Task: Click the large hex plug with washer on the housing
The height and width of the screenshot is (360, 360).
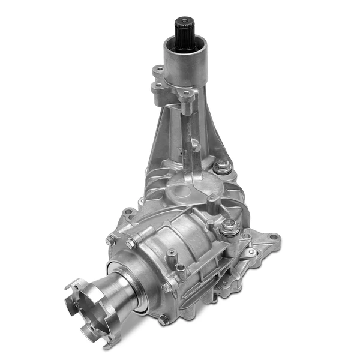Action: (x=229, y=227)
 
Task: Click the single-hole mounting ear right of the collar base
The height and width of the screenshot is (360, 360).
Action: (x=188, y=94)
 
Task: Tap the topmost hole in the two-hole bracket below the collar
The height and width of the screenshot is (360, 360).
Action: (x=158, y=70)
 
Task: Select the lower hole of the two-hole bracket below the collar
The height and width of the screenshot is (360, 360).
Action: (x=158, y=86)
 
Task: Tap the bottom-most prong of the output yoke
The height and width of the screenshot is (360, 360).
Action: (x=108, y=343)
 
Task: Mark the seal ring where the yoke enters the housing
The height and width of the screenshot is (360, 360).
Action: (x=139, y=282)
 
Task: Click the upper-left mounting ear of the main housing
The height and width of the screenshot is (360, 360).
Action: (x=127, y=213)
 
